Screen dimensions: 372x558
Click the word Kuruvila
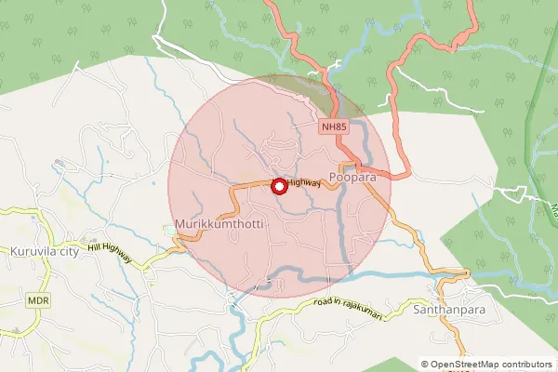[x=35, y=251]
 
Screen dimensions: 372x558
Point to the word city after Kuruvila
[x=73, y=251]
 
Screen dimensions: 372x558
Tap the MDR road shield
[x=37, y=302]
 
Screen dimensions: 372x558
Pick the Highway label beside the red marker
[x=304, y=183]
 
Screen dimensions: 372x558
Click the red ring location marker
[x=278, y=186]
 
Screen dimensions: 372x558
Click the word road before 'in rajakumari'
[x=323, y=303]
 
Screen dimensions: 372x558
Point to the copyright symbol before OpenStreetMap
[x=425, y=365]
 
